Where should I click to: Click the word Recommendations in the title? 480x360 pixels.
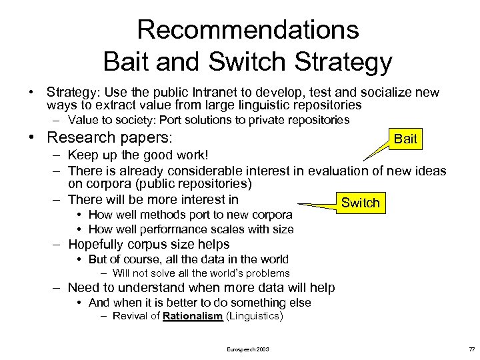[x=247, y=29]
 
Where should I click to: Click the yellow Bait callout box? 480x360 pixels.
[x=405, y=139]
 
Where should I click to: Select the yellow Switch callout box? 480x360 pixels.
[x=360, y=203]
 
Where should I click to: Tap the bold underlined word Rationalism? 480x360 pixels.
[x=193, y=316]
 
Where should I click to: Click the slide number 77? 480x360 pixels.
[x=471, y=349]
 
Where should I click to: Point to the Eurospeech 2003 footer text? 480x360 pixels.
[x=248, y=349]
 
